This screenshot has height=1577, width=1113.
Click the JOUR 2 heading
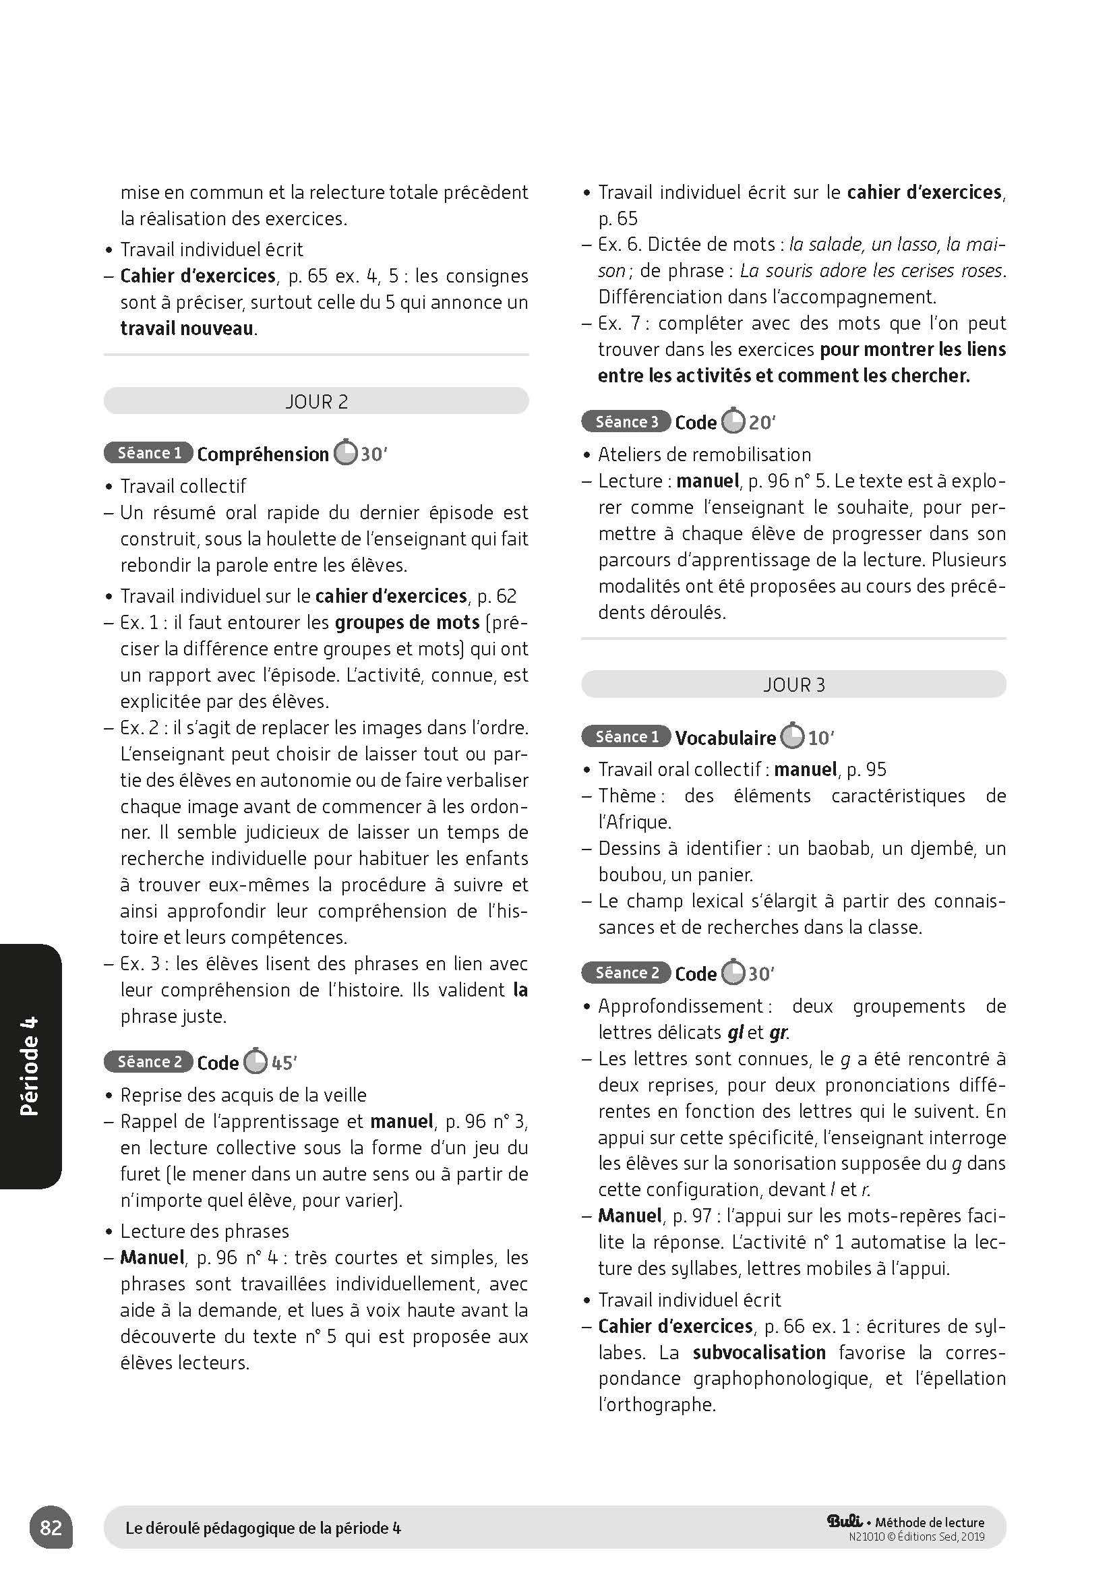317,401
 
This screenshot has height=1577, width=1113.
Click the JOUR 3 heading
793,685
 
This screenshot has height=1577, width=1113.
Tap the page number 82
51,1528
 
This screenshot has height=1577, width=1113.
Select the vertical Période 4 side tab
30,1066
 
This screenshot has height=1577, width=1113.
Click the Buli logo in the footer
845,1521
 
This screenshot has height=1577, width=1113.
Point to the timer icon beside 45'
255,1062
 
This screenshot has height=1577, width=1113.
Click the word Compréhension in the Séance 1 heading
263,454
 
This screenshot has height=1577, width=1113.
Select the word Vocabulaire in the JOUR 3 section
725,738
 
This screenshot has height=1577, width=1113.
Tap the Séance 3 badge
626,421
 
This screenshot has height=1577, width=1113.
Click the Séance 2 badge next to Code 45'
148,1062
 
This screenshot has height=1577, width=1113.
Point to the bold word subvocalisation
758,1352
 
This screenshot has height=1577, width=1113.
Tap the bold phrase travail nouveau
187,328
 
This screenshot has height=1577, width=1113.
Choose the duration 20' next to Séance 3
762,423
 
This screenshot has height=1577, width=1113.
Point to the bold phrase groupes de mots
407,622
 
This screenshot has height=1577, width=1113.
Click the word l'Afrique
634,822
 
